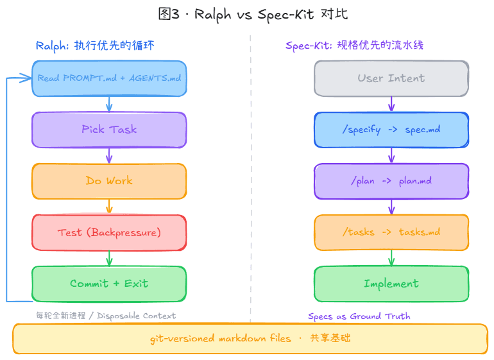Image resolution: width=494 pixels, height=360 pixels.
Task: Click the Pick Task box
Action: pos(109,130)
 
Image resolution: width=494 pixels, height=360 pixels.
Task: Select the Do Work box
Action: pos(109,181)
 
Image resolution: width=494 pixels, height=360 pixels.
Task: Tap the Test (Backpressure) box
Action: pos(109,232)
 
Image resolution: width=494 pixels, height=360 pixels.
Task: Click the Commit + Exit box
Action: pos(109,284)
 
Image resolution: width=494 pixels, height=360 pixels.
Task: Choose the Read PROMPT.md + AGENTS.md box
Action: pos(109,78)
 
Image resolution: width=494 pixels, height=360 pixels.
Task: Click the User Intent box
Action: pos(391,78)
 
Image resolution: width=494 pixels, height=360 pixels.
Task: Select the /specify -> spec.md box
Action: pos(391,130)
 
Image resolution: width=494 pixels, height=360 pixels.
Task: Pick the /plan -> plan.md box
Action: pos(391,181)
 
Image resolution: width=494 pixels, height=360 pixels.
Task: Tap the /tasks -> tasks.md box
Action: pos(391,232)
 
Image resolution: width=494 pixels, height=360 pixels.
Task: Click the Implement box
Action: pos(391,284)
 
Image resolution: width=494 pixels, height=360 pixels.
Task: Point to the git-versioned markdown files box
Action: pos(250,339)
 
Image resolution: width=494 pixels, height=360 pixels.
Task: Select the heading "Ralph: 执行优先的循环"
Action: pos(95,46)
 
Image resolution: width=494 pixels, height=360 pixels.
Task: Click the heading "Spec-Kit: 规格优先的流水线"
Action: pos(354,46)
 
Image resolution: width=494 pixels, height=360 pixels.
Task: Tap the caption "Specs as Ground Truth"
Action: pos(359,316)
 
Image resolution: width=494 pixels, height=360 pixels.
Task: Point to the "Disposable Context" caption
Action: pos(106,316)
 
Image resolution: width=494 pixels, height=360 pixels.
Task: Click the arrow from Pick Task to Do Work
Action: pos(109,155)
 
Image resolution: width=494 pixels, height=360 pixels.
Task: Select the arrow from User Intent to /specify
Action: pos(391,104)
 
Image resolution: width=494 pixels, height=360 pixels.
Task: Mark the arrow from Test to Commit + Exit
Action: pos(109,258)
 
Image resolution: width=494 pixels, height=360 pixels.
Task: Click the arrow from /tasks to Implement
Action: pos(391,258)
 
